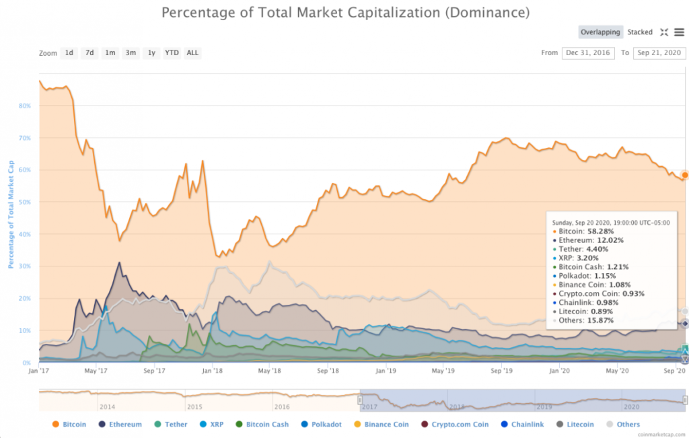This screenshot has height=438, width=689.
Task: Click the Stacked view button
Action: pyautogui.click(x=640, y=32)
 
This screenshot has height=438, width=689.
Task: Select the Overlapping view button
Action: pyautogui.click(x=600, y=32)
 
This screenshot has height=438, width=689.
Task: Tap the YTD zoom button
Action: pyautogui.click(x=172, y=52)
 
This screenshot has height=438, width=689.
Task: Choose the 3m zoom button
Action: pyautogui.click(x=131, y=52)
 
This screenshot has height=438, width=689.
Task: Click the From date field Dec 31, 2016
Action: pyautogui.click(x=587, y=52)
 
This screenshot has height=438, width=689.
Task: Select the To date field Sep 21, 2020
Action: pyautogui.click(x=659, y=52)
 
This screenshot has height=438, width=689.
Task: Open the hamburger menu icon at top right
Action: pyautogui.click(x=679, y=32)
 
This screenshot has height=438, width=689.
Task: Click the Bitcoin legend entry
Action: pyautogui.click(x=74, y=425)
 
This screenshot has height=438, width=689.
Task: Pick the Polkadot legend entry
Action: pyautogui.click(x=326, y=425)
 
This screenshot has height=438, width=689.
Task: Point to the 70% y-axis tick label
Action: pyautogui.click(x=26, y=138)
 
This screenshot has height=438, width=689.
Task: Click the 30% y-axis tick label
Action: pyautogui.click(x=26, y=266)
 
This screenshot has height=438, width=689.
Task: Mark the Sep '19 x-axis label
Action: pyautogui.click(x=501, y=371)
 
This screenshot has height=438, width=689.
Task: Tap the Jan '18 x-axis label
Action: pyautogui.click(x=212, y=371)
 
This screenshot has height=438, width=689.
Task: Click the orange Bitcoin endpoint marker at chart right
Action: pyautogui.click(x=684, y=175)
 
